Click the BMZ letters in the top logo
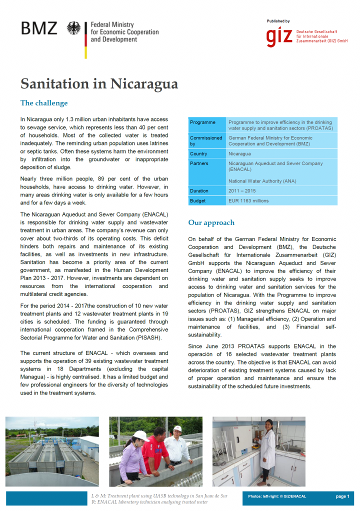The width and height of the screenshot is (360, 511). coord(39,28)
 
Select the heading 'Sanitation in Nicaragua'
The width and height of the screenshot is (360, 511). coord(99,83)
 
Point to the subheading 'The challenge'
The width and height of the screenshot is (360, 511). coord(44,103)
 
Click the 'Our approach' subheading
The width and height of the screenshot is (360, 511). coord(211,222)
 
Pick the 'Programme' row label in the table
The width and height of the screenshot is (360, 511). coord(203,122)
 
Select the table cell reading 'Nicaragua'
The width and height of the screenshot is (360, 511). coord(239,154)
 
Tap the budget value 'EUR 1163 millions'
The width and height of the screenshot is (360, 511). coord(248,200)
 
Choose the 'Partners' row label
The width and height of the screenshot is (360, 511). coord(199,163)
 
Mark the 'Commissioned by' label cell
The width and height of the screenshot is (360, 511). coord(206,140)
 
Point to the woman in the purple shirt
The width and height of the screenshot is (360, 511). coord(132,457)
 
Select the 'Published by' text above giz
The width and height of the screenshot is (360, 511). coord(278,21)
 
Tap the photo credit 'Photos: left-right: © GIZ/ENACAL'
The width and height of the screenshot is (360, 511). coord(277,496)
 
